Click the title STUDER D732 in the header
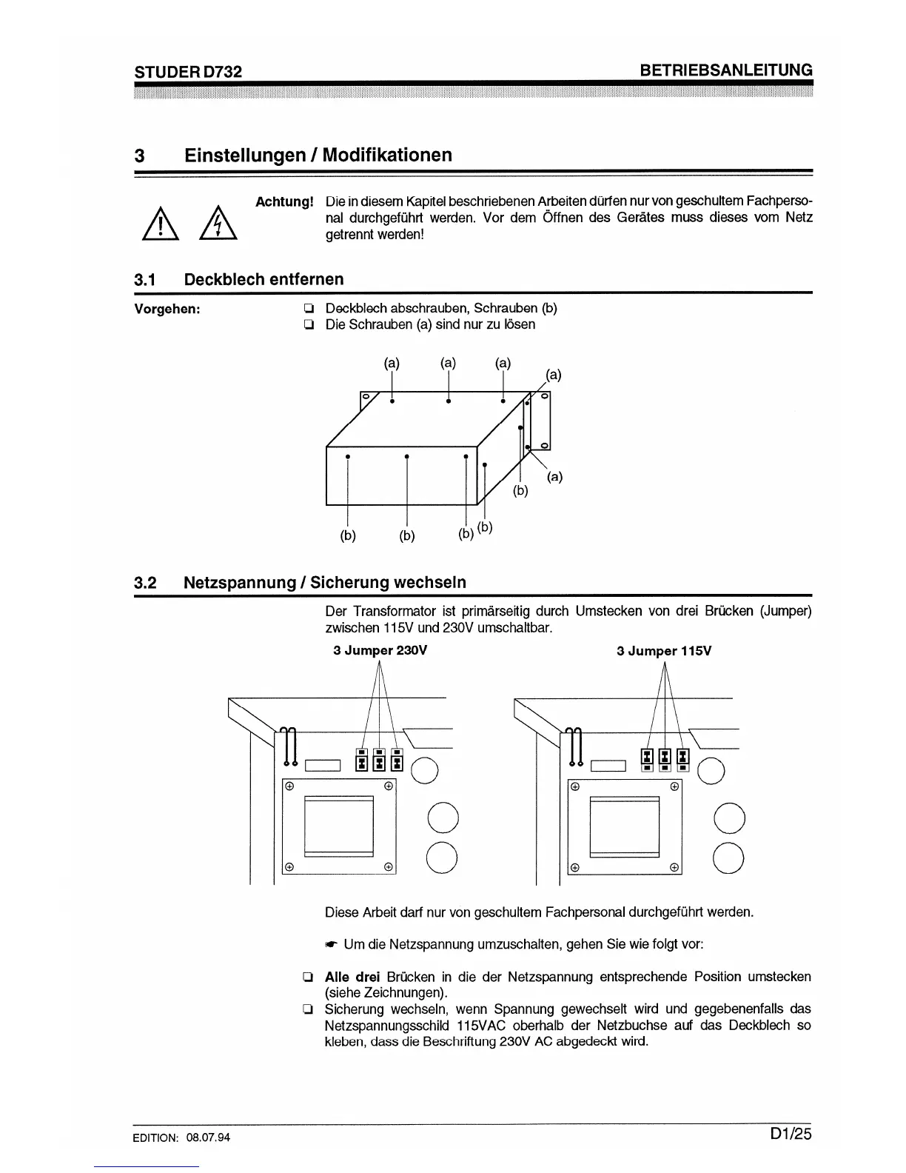click(188, 71)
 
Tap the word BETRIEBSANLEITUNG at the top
click(725, 70)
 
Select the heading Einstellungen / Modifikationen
click(318, 155)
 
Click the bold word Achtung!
click(284, 201)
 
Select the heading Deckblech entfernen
click(264, 279)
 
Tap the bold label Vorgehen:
click(167, 309)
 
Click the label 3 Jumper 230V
click(380, 651)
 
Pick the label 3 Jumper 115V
click(664, 651)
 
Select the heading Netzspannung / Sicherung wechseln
click(325, 582)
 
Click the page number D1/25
click(790, 1134)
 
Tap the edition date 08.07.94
click(209, 1137)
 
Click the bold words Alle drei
click(352, 977)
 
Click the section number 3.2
click(145, 583)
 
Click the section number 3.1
click(145, 280)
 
